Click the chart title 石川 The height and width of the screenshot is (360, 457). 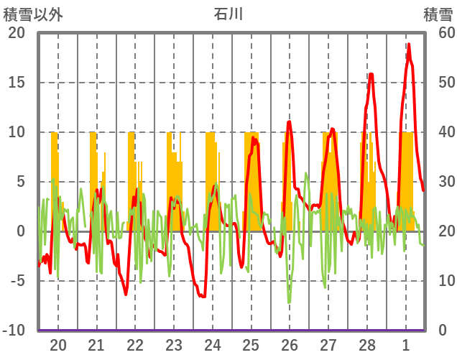(x=228, y=14)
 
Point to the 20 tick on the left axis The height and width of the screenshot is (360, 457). (x=17, y=33)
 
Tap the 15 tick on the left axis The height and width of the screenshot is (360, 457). (x=17, y=83)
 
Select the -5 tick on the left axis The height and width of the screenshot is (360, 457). (x=17, y=281)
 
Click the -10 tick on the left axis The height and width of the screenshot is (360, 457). (x=14, y=331)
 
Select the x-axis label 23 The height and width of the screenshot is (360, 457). (x=174, y=344)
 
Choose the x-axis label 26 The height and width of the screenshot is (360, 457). (x=290, y=344)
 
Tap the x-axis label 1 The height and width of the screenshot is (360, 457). (x=406, y=344)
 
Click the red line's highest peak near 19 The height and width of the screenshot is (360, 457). (x=409, y=45)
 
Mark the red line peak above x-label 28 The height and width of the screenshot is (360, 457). (x=371, y=73)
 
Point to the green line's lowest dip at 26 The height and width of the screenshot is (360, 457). (x=290, y=303)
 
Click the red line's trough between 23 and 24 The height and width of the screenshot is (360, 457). (x=203, y=296)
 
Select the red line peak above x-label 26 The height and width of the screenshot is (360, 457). (x=289, y=122)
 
